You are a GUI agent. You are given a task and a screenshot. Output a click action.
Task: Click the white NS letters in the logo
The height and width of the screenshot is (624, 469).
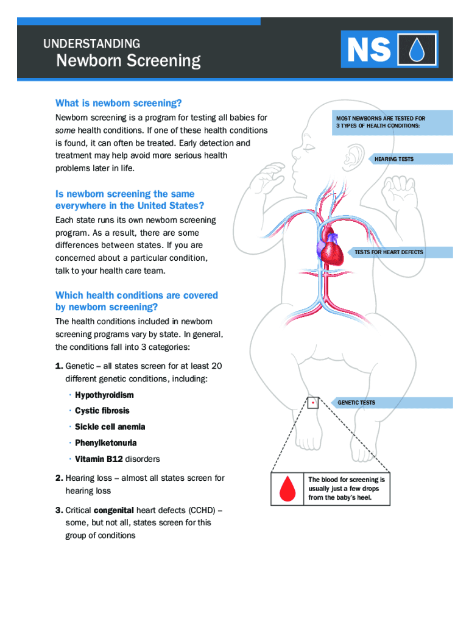pos(369,50)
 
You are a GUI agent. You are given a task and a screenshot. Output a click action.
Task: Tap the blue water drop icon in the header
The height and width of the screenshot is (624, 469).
pos(417,50)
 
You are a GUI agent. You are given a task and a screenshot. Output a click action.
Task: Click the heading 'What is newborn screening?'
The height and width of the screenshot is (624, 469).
pos(119,103)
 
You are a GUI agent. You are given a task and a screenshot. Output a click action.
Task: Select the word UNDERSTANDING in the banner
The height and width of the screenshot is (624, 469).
pos(91,44)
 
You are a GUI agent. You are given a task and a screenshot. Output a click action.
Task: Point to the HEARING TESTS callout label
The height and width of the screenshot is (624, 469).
pos(393,159)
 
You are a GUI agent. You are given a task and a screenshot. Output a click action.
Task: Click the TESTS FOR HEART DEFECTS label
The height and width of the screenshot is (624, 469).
pos(389,252)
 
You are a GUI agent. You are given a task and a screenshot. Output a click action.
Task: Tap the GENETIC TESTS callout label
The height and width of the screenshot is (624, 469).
pos(356,403)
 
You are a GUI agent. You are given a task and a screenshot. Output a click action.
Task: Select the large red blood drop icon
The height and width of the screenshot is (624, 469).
pos(286,489)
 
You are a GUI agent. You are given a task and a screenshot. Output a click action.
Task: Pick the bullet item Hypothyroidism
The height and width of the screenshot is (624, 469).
pos(104,395)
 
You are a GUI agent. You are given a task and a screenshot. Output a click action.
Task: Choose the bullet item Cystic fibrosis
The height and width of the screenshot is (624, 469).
pos(102,411)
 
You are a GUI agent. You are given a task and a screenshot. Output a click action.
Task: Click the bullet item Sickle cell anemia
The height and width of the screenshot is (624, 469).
pos(110,427)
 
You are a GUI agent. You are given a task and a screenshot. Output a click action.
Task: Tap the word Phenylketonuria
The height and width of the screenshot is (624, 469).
pos(105,443)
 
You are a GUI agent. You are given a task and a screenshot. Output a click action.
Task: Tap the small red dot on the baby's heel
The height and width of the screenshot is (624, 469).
pos(312,403)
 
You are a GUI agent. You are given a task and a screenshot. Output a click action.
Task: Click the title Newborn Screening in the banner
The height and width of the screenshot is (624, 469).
pos(128,61)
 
